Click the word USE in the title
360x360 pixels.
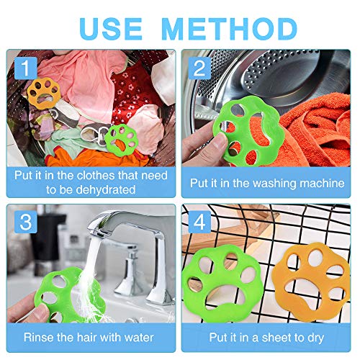point(111,29)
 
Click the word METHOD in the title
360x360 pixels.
point(230,29)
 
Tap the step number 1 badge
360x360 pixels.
point(26,68)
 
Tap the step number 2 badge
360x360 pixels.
point(199,68)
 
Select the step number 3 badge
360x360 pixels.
point(26,222)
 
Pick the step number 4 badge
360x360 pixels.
point(199,222)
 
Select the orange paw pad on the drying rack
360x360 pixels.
point(312,283)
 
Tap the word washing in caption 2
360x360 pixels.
point(275,184)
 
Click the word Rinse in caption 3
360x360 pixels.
point(38,338)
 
